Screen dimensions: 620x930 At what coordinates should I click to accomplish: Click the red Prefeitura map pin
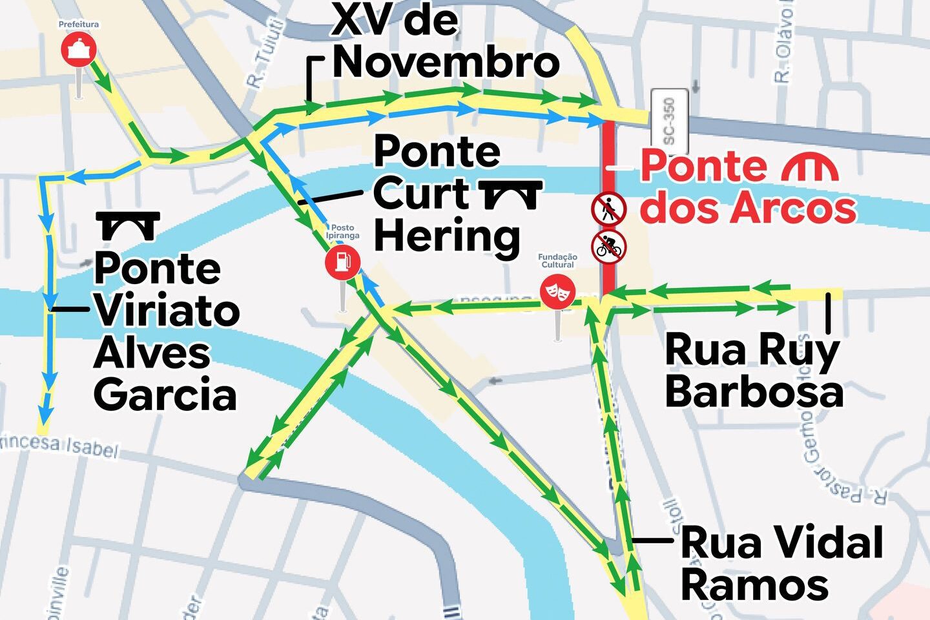click(79, 50)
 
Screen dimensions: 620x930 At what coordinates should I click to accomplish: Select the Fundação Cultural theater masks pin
click(557, 291)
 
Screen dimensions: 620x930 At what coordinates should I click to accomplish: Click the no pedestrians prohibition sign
click(608, 208)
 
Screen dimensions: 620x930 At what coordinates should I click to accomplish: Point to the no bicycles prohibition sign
click(609, 246)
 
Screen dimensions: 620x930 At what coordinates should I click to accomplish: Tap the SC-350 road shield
click(668, 121)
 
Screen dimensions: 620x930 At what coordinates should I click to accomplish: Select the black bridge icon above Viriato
click(128, 225)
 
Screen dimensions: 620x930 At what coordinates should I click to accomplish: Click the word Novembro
click(446, 63)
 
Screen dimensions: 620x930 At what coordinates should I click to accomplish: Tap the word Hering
click(447, 237)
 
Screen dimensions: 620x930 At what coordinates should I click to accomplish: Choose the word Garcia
click(165, 395)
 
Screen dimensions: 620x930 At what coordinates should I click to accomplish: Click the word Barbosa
click(754, 391)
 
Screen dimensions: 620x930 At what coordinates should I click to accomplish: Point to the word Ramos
click(754, 584)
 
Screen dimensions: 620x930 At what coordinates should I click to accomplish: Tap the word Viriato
click(167, 311)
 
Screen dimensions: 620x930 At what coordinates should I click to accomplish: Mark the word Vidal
click(781, 542)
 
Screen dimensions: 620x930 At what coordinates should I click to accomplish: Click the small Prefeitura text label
click(79, 25)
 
